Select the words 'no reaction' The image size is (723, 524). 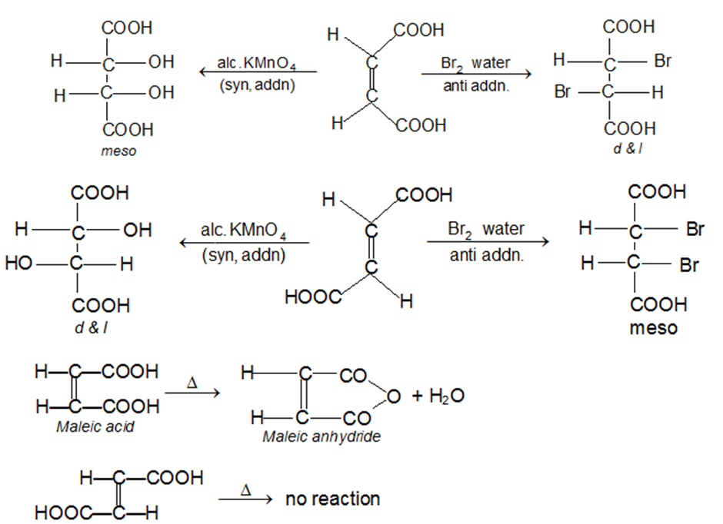(332, 499)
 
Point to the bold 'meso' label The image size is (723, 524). (653, 328)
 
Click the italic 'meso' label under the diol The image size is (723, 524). (118, 151)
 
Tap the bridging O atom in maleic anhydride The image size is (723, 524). (393, 396)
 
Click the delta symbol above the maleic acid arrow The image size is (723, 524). (193, 381)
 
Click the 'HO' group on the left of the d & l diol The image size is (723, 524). (19, 264)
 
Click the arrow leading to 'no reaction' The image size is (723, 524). (245, 500)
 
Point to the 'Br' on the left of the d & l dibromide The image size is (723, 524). (562, 92)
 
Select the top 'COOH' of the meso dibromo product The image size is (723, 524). (656, 192)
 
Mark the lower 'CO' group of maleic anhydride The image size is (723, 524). (355, 419)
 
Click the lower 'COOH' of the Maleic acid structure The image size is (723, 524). (130, 406)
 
